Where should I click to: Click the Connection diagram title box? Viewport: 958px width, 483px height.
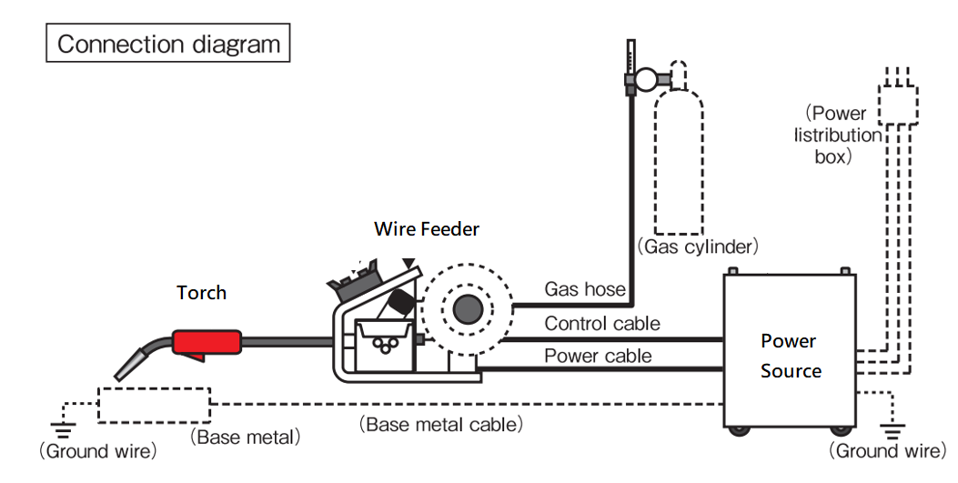tap(168, 44)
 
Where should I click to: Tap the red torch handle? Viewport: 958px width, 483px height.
tap(207, 343)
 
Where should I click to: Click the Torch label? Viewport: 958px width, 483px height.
tap(201, 292)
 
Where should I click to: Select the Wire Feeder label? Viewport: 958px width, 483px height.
tap(426, 229)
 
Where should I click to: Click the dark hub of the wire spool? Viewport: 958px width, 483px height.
tap(467, 310)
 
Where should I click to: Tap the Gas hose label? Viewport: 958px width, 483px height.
tap(585, 289)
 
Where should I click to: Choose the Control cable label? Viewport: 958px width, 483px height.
tap(602, 323)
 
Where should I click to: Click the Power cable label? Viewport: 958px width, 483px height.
tap(598, 355)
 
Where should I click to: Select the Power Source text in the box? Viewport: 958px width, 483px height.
tap(790, 356)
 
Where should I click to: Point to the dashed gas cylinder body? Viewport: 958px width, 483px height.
tap(679, 164)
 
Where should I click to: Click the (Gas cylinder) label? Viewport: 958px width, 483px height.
tap(697, 246)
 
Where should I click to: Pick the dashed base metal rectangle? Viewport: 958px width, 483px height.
tap(153, 403)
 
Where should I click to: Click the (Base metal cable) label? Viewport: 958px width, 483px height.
tap(441, 424)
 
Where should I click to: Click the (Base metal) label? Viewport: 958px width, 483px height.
tap(245, 437)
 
